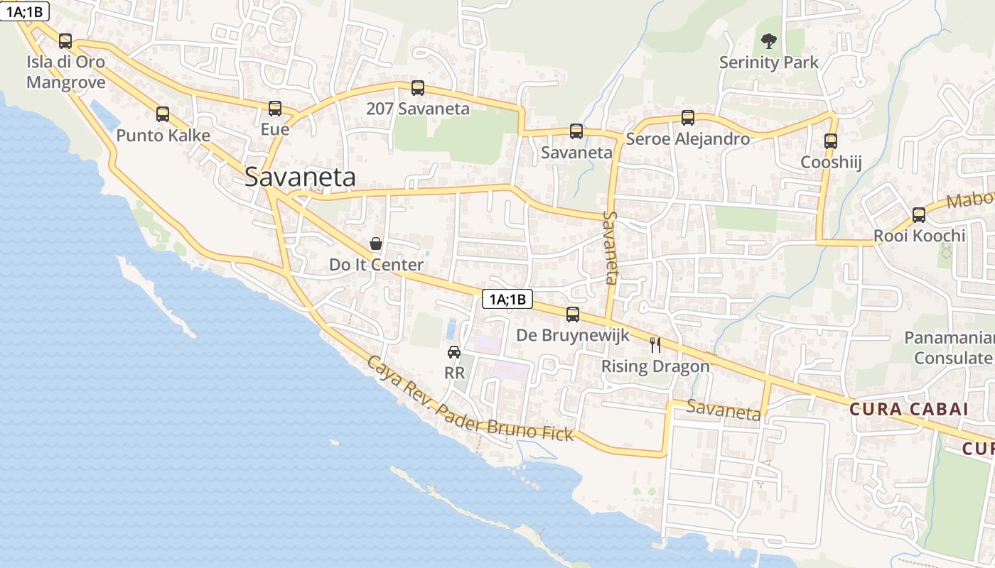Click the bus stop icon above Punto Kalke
(x=163, y=114)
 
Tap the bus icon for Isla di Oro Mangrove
(x=65, y=40)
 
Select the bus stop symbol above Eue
(x=275, y=108)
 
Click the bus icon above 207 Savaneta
(x=418, y=87)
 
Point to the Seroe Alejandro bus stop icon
(x=687, y=117)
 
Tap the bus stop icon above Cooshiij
(x=831, y=141)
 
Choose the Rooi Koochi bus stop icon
(x=919, y=214)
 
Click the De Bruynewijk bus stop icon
(x=573, y=314)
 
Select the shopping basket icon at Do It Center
(x=376, y=244)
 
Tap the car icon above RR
(x=454, y=351)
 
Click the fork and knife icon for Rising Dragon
(x=655, y=345)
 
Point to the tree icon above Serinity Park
(x=768, y=41)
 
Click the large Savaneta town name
(x=300, y=177)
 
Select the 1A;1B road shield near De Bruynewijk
(x=507, y=299)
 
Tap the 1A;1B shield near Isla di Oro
(x=24, y=11)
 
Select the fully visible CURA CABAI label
(x=909, y=409)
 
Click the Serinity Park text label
(x=769, y=62)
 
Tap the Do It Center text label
(x=376, y=265)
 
